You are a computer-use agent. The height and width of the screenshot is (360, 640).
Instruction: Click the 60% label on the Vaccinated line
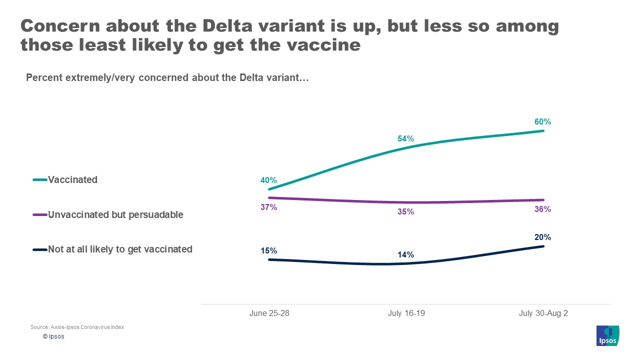[x=542, y=121]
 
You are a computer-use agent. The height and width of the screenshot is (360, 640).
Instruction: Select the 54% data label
[x=405, y=138]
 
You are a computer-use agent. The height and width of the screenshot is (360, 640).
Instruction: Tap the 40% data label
[x=268, y=180]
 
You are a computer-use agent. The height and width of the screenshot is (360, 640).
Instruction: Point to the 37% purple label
[x=268, y=207]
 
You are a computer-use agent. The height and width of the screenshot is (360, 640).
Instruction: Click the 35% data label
[x=405, y=211]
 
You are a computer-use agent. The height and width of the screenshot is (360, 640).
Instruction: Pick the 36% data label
[x=542, y=209]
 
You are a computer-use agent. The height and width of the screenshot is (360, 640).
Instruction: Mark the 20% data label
[x=542, y=237]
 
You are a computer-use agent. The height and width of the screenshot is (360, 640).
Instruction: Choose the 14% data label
[x=405, y=254]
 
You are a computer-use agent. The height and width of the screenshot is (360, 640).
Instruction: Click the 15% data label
[x=268, y=250]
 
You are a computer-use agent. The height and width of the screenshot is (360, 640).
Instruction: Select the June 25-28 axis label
[x=269, y=313]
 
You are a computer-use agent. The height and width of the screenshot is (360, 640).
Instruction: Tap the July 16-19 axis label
[x=406, y=313]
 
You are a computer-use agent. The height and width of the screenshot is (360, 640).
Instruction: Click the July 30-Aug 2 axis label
[x=543, y=313]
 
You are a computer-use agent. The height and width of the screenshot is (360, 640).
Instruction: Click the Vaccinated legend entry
[x=72, y=179]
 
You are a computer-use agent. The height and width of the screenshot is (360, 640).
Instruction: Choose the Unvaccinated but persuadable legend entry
[x=115, y=214]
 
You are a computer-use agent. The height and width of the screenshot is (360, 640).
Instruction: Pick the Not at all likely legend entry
[x=120, y=249]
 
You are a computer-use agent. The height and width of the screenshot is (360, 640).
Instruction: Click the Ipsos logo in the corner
[x=608, y=335]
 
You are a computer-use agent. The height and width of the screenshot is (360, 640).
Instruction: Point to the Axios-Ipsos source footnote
[x=77, y=327]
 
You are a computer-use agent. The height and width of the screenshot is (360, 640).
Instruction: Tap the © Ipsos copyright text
[x=53, y=336]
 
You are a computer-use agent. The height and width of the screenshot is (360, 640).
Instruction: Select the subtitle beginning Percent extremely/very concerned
[x=167, y=77]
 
